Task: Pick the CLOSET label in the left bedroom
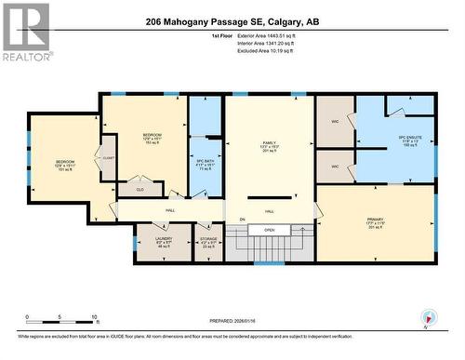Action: pyautogui.click(x=109, y=157)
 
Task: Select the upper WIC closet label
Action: pyautogui.click(x=335, y=120)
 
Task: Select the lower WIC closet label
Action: pyautogui.click(x=335, y=167)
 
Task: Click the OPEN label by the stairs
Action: pyautogui.click(x=269, y=230)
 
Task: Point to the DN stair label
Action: pyautogui.click(x=241, y=220)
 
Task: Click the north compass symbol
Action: pyautogui.click(x=427, y=316)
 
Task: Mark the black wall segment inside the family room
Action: pyautogui.click(x=270, y=197)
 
